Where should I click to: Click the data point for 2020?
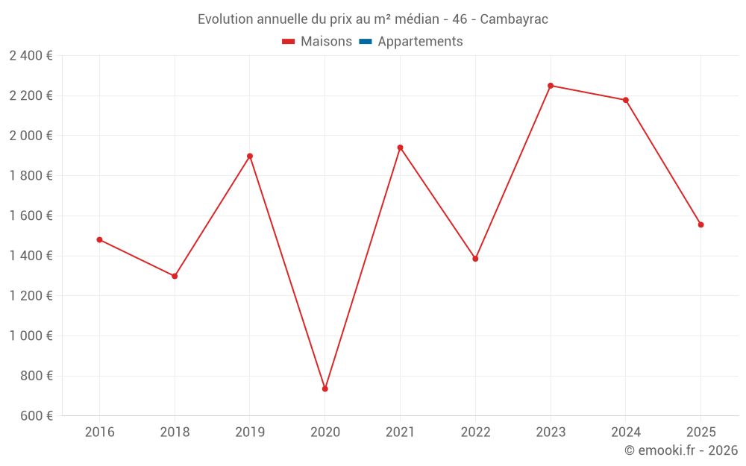[325, 388]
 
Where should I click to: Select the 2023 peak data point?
[551, 86]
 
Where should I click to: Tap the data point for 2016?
[99, 239]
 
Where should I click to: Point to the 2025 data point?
[700, 224]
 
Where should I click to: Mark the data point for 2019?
[250, 156]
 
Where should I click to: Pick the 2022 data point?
[475, 259]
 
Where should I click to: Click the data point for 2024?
[626, 100]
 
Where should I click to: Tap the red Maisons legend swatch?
[289, 42]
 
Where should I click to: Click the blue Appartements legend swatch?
[366, 42]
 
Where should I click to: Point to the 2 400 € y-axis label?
[31, 55]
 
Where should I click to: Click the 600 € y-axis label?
[36, 416]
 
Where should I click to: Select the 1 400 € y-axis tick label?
[31, 256]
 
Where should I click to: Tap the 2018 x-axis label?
[175, 432]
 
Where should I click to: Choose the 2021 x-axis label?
[400, 432]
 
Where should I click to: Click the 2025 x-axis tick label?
[700, 432]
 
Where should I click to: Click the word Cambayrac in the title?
[514, 19]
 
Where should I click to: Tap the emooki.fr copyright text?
[681, 450]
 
